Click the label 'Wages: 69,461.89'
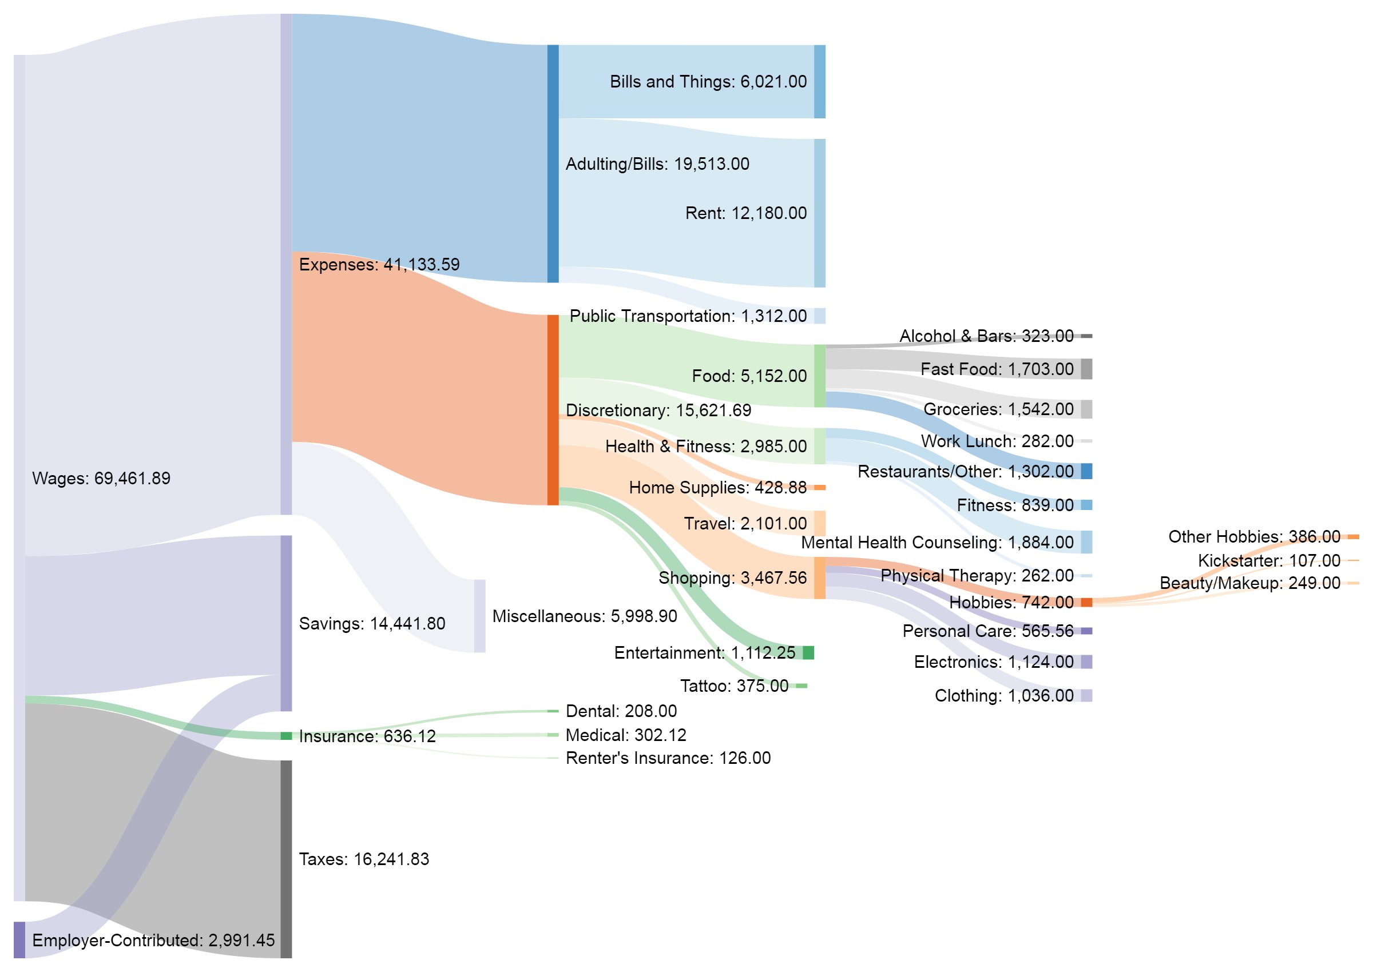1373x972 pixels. [101, 478]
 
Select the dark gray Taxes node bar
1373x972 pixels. [286, 859]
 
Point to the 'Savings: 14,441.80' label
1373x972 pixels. [372, 624]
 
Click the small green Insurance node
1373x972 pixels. [286, 736]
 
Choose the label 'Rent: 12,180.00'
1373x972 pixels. [745, 213]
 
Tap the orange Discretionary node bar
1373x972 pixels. [553, 410]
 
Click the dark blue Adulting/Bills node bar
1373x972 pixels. [553, 164]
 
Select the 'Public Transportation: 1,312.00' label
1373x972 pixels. [688, 316]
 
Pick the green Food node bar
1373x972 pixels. [819, 376]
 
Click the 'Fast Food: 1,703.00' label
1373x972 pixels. [997, 369]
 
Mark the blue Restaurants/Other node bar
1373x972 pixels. [1086, 472]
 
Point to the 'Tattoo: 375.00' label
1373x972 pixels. [733, 686]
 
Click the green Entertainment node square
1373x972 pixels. [808, 653]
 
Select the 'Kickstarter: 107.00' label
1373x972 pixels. [1268, 561]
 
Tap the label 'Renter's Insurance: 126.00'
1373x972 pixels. [668, 758]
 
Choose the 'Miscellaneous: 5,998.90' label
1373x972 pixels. [585, 616]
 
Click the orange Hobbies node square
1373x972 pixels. [1086, 603]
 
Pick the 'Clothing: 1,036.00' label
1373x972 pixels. [1003, 696]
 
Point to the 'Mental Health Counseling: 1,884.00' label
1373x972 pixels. [937, 543]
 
